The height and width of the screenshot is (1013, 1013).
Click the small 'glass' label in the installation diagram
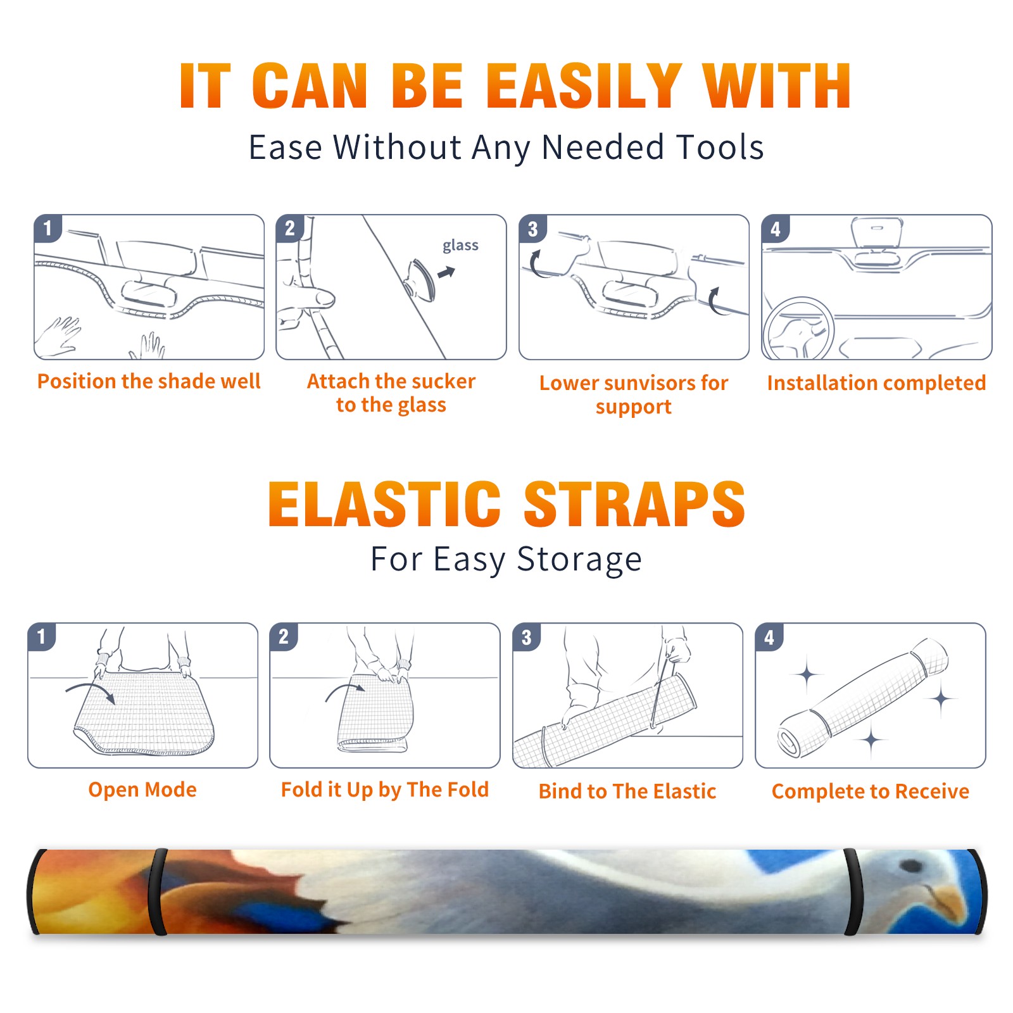tap(460, 246)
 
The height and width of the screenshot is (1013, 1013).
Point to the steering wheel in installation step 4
tap(798, 329)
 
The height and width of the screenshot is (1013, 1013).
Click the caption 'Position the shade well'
tap(149, 381)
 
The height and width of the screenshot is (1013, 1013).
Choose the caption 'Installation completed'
tap(876, 383)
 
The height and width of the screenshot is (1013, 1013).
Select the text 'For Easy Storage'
tap(506, 560)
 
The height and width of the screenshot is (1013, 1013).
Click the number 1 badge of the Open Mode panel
tap(42, 636)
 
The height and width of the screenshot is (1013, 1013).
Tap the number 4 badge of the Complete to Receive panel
tap(769, 637)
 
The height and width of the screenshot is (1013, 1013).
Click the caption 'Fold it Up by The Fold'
tap(385, 790)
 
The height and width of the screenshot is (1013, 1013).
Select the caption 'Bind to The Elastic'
tap(627, 791)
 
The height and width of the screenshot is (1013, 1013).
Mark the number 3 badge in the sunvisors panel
tap(532, 229)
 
